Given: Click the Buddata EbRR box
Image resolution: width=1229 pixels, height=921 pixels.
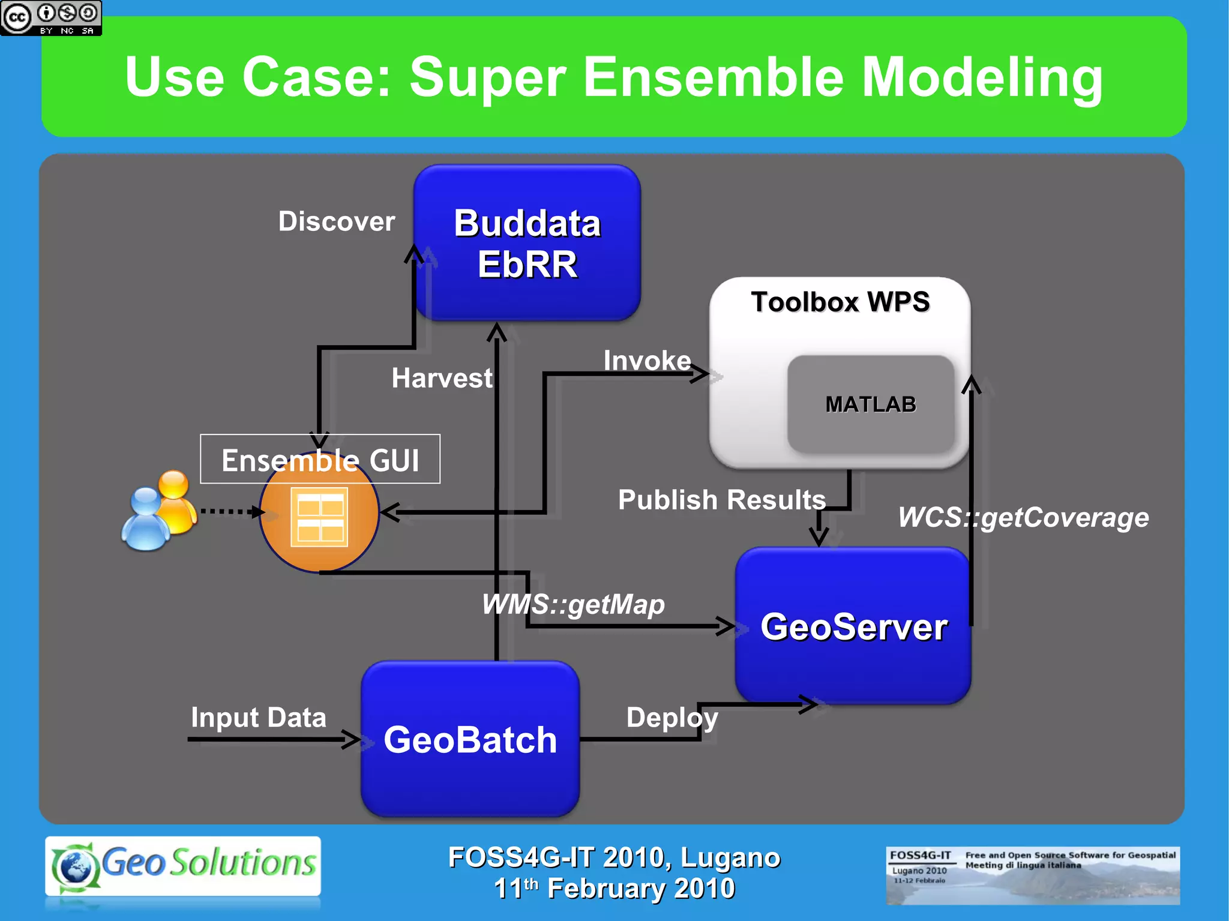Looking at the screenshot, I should [527, 243].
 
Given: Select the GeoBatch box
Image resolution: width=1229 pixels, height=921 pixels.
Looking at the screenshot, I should [470, 739].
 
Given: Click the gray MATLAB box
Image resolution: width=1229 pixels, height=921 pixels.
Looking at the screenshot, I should [870, 404].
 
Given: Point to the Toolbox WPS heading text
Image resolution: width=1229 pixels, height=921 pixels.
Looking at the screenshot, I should [840, 302].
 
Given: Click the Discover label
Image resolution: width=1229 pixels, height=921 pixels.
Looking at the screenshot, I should [337, 221].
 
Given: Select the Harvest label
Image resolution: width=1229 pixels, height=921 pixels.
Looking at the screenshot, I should [442, 379].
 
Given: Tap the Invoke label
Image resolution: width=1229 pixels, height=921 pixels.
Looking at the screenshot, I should [647, 361].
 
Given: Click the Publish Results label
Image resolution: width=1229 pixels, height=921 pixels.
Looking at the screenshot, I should [721, 500].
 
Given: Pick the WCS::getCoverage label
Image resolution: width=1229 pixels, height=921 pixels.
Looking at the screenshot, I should [1023, 517].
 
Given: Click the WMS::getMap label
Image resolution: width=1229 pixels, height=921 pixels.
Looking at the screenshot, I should [573, 604].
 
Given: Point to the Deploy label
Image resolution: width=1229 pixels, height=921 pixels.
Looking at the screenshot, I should [672, 718].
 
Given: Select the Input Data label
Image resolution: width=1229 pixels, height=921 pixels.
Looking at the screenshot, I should [258, 718].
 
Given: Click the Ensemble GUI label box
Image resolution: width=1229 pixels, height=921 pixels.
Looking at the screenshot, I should [320, 460].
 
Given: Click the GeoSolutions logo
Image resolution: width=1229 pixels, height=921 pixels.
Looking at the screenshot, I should [183, 865].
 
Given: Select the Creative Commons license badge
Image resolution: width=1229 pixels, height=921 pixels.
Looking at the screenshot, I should [51, 18].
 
